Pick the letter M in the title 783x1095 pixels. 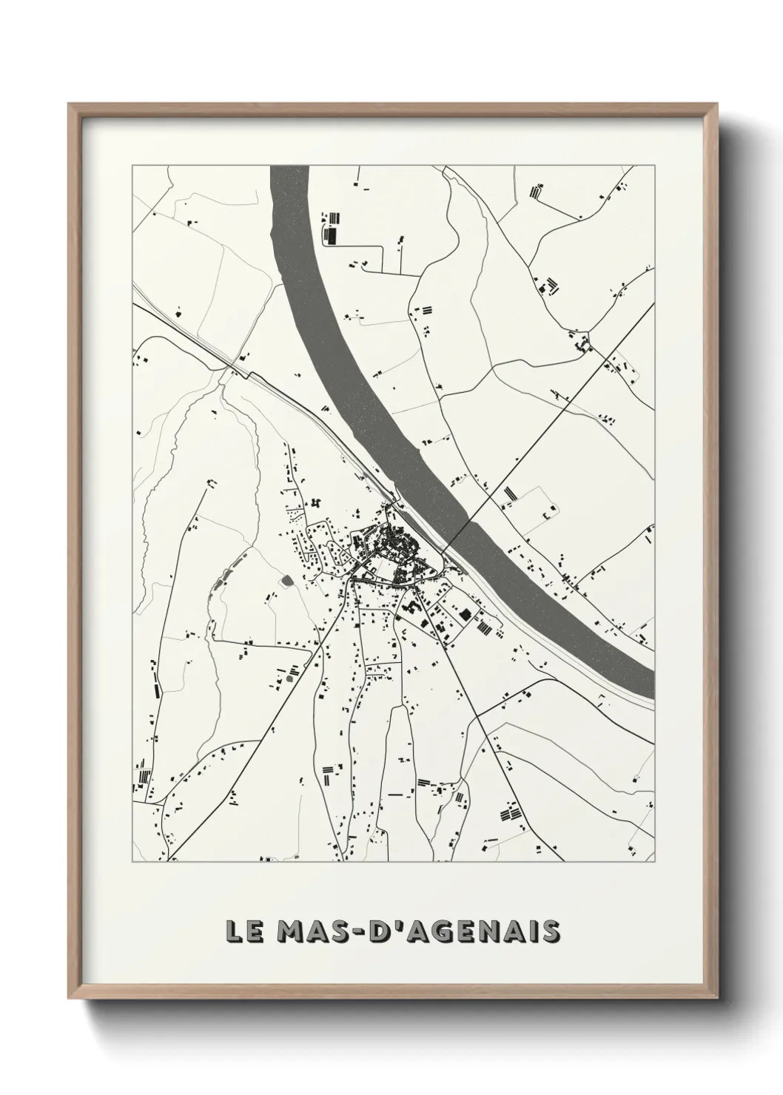289,931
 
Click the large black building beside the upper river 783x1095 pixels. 331,235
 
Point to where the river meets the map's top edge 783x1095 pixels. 289,166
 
